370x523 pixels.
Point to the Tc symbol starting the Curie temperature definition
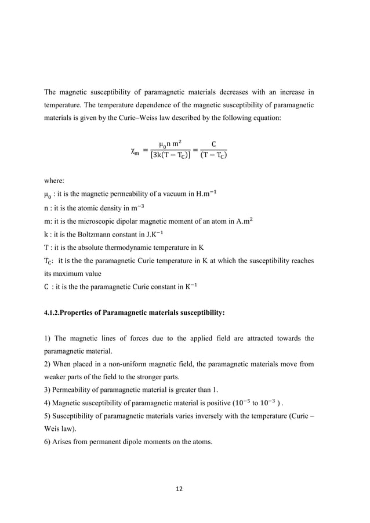pos(49,261)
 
